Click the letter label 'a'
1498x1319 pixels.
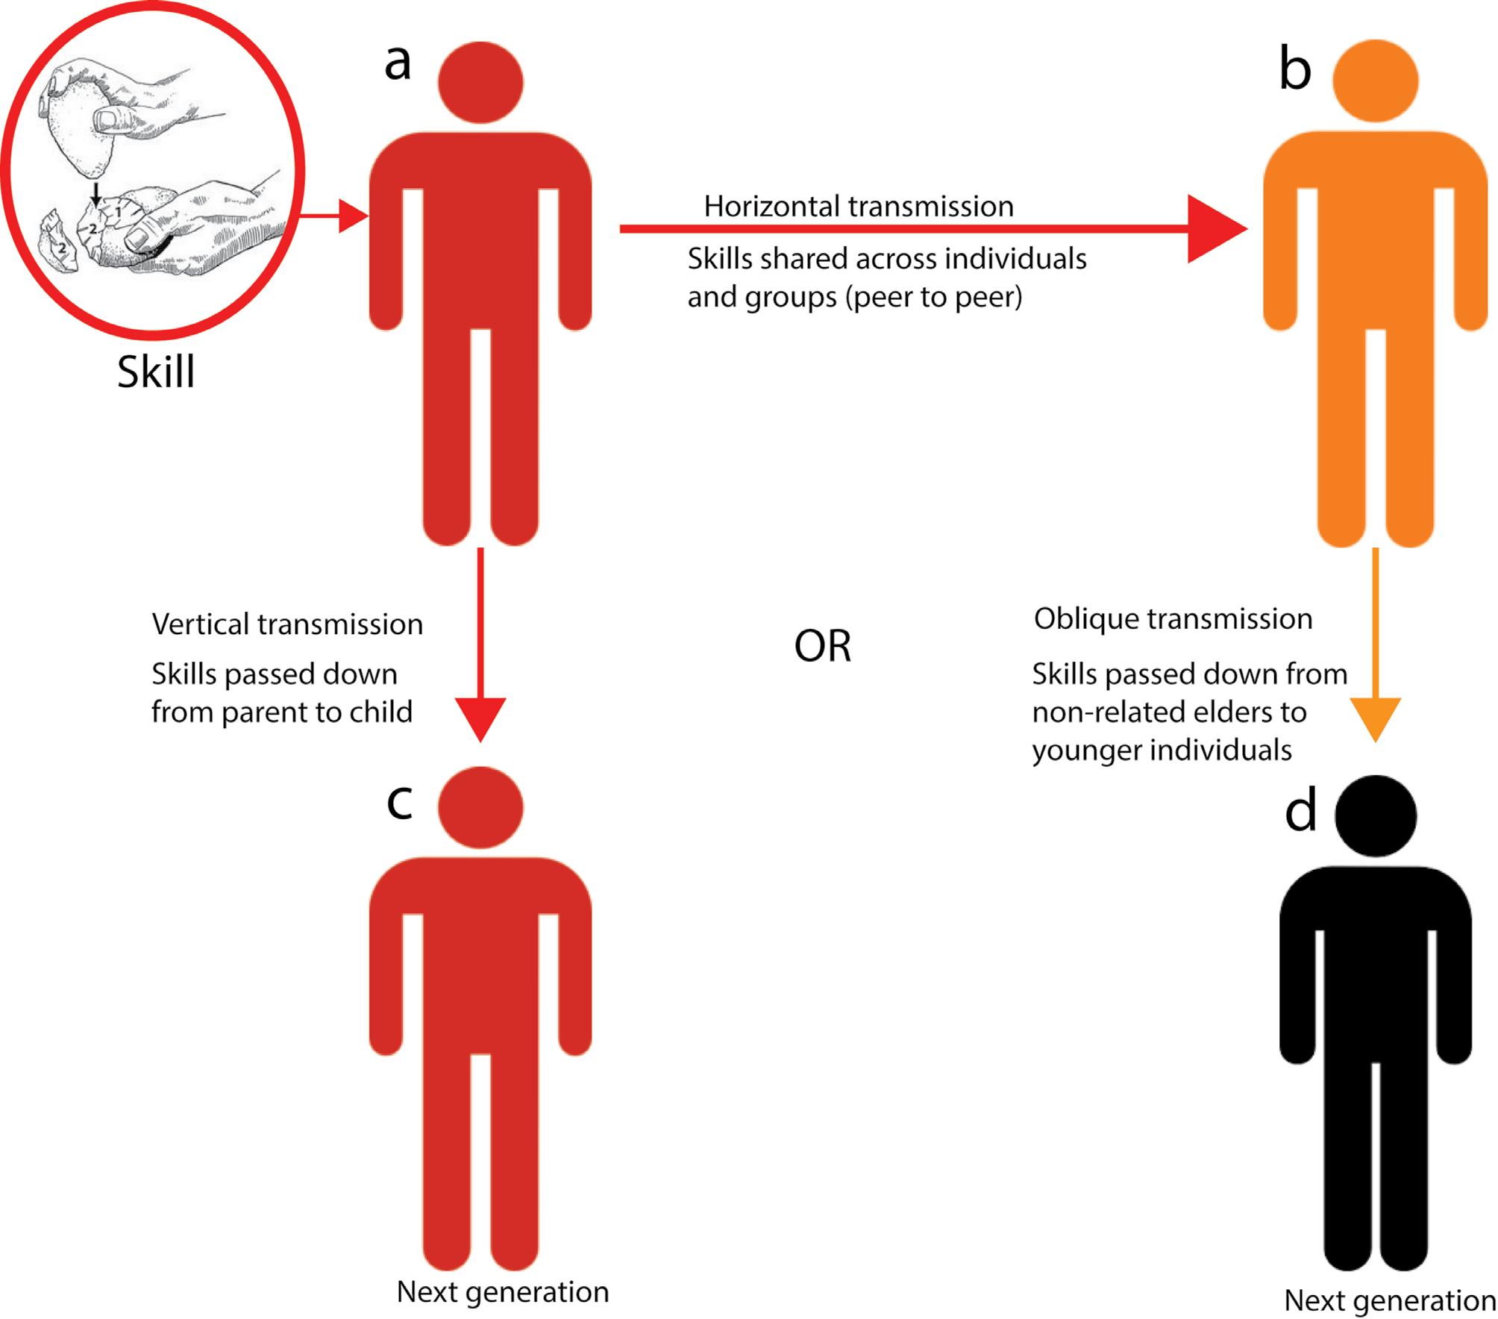click(x=398, y=63)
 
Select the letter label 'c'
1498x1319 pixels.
click(x=400, y=802)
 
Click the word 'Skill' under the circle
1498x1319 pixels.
click(x=156, y=371)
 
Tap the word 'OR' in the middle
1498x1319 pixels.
click(x=822, y=646)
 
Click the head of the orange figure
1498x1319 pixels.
click(x=1375, y=81)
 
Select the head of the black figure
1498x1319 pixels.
click(x=1375, y=815)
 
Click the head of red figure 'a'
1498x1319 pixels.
click(x=480, y=82)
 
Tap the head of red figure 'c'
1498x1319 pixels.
click(x=480, y=807)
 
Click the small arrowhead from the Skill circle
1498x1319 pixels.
click(x=353, y=216)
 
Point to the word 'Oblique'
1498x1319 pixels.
click(x=1085, y=618)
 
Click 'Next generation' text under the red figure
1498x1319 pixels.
click(x=503, y=1291)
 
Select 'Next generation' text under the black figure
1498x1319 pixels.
click(x=1389, y=1300)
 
